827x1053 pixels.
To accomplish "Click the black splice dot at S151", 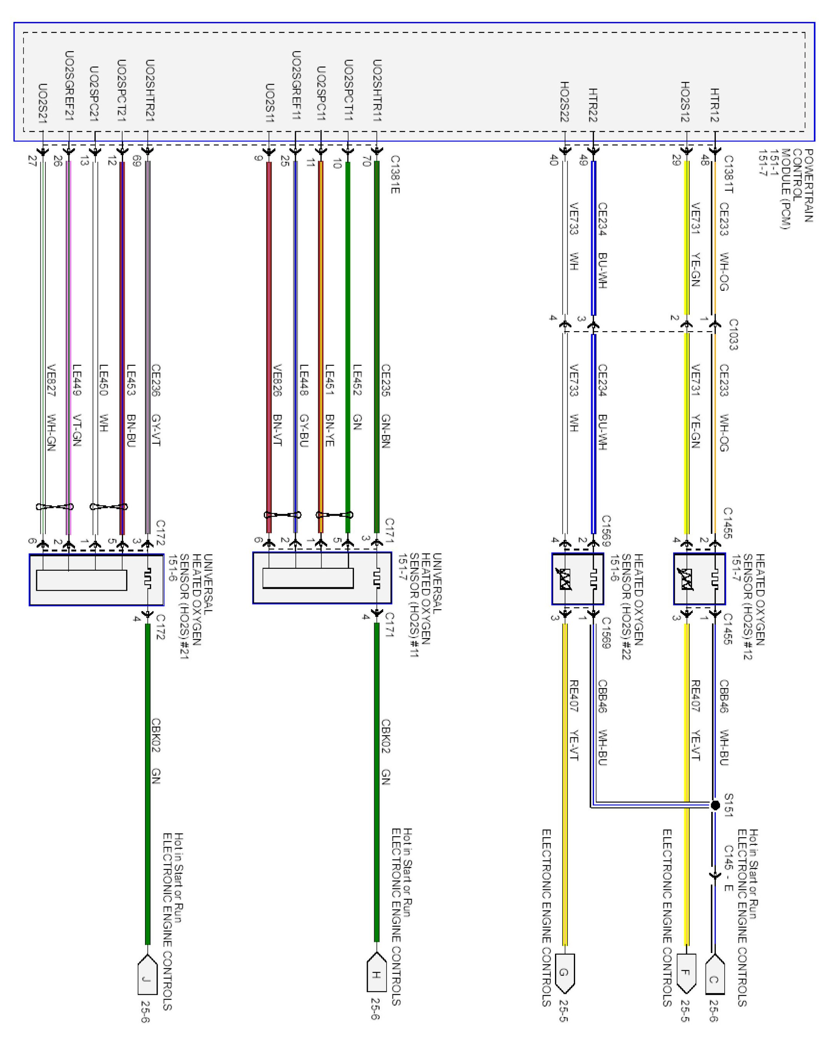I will (715, 805).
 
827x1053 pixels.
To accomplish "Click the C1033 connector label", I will (733, 334).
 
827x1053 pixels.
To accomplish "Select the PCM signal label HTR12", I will (715, 105).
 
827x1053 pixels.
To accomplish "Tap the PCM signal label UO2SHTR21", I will (150, 90).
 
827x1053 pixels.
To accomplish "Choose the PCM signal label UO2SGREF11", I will (296, 86).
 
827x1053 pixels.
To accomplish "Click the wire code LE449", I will (77, 380).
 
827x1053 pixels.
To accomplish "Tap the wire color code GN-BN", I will (385, 431).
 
